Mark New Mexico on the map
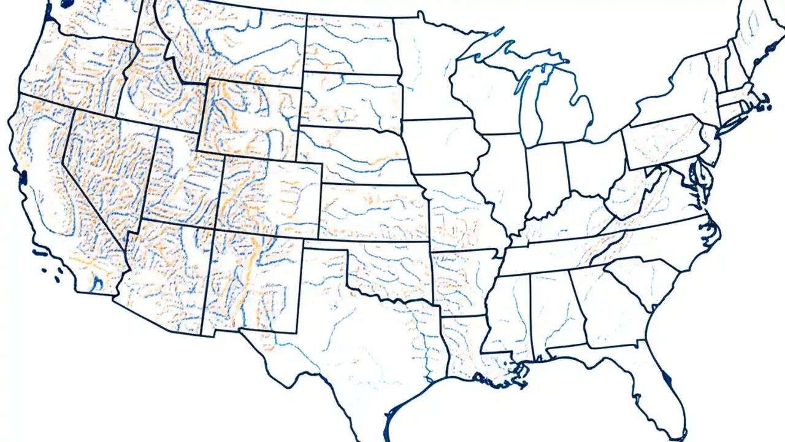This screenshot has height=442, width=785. [x=251, y=282]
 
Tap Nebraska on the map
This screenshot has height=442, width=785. [x=350, y=153]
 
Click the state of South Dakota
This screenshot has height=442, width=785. [x=350, y=101]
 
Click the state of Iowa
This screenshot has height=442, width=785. [x=442, y=147]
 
